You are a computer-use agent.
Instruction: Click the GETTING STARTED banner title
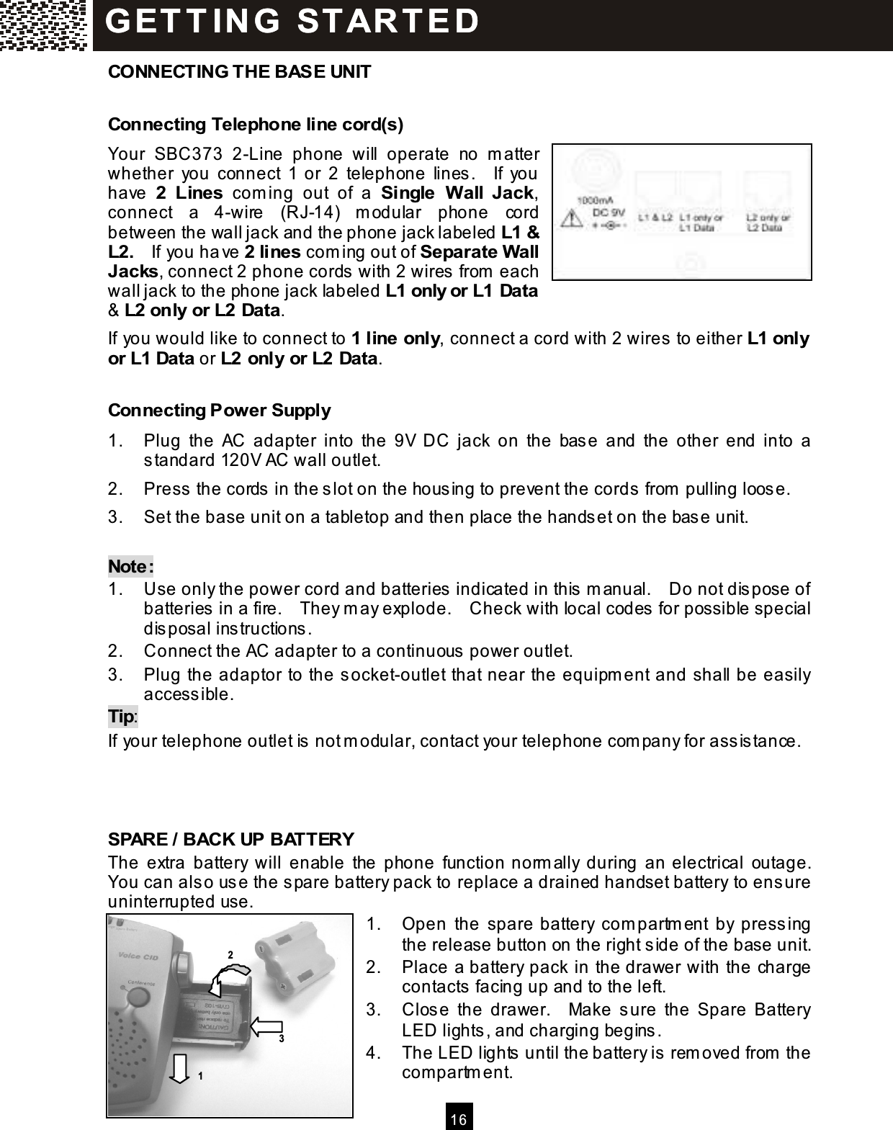coord(292,22)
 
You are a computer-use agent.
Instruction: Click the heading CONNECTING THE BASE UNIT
coord(239,72)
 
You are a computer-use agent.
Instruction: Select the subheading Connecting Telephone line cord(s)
coord(255,125)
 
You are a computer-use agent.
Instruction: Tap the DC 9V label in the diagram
coord(606,212)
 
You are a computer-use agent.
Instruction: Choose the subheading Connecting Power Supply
coord(219,411)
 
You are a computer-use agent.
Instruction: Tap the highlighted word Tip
coord(122,717)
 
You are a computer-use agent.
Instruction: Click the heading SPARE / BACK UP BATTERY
coord(230,840)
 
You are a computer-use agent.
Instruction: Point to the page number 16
coord(459,1119)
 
